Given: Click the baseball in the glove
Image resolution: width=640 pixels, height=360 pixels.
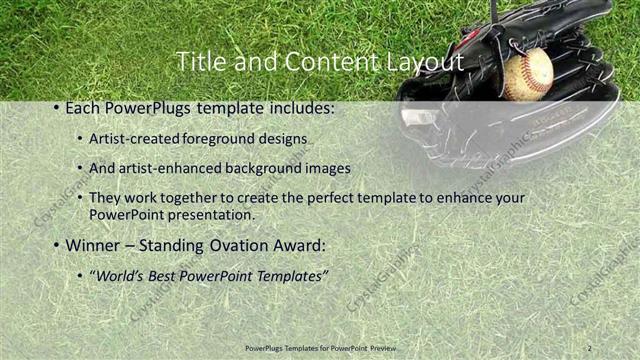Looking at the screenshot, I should pyautogui.click(x=527, y=75).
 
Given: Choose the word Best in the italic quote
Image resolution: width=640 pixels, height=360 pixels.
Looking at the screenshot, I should pyautogui.click(x=168, y=275).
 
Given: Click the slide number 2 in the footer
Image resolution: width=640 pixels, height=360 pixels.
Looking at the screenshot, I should pyautogui.click(x=590, y=348).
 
